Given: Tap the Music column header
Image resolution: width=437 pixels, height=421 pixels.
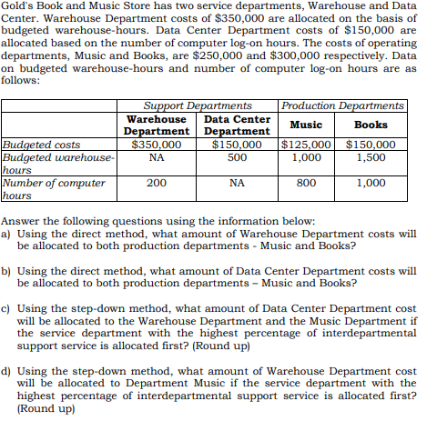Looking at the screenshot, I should point(307,125).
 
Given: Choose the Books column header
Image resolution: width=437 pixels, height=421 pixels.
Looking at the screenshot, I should point(370,125).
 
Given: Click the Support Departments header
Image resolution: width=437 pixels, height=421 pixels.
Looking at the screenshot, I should point(199,105).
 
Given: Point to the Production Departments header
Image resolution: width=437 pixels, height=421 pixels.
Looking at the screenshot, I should point(343,105).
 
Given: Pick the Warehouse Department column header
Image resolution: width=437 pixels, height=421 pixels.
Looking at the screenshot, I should point(156,125).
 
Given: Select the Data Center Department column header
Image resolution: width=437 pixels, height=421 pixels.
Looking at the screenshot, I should point(237,125).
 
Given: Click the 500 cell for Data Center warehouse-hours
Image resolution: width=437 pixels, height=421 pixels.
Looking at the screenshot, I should point(237,156).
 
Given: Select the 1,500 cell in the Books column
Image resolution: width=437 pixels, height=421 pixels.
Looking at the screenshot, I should point(371,156).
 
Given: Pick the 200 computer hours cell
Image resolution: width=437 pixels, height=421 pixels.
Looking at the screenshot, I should point(156,182).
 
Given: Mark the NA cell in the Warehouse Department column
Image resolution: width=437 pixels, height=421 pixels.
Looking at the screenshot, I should point(156,156).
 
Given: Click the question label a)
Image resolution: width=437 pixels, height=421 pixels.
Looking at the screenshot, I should point(7,233).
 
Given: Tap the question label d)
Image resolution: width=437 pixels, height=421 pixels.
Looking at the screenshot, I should point(7,372).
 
